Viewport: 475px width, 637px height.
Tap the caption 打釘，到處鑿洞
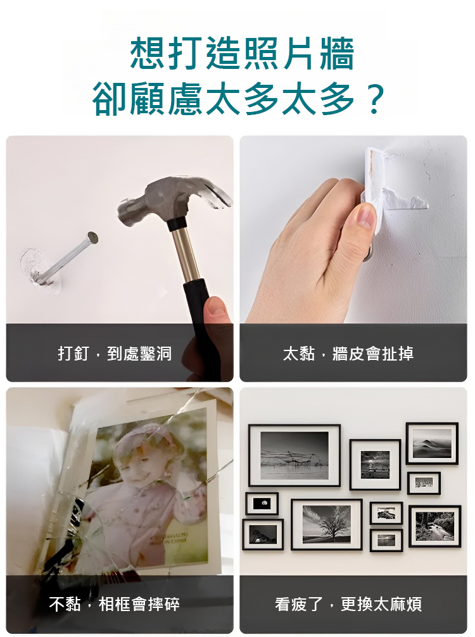pyautogui.click(x=115, y=354)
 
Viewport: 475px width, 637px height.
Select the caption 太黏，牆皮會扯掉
pyautogui.click(x=348, y=354)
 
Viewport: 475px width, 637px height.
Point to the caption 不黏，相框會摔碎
pyautogui.click(x=115, y=604)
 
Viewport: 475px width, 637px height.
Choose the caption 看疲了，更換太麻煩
pyautogui.click(x=348, y=604)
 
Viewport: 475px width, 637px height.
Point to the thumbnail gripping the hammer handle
pyautogui.click(x=217, y=306)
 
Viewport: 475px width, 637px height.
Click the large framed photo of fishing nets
pyautogui.click(x=294, y=455)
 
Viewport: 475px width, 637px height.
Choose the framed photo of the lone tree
pyautogui.click(x=327, y=524)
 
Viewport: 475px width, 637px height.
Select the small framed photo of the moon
pyautogui.click(x=262, y=504)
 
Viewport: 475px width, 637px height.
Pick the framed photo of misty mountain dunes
pyautogui.click(x=432, y=443)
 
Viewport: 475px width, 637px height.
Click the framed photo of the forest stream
pyautogui.click(x=434, y=526)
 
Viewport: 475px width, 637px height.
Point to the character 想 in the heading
pyautogui.click(x=147, y=54)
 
